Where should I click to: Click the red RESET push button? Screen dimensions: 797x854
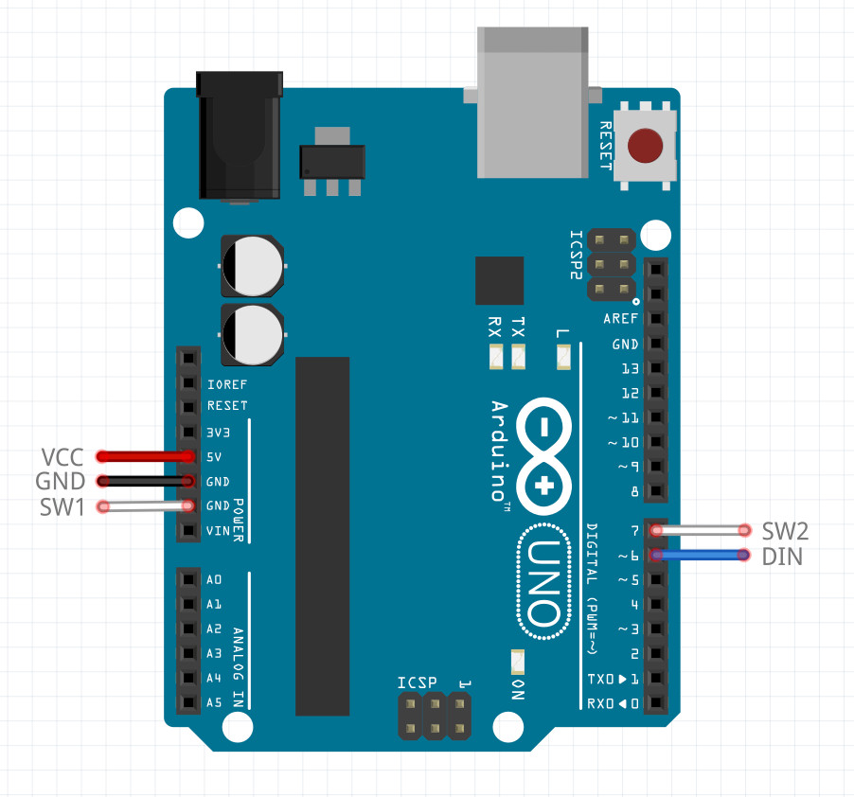pos(646,146)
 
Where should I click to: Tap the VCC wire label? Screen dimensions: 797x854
pos(63,456)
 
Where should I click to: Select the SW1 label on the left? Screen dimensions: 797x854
pos(62,506)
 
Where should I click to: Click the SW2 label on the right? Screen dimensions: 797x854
pos(784,530)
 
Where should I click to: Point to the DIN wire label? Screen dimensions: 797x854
pos(782,556)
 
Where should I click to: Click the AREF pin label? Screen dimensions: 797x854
pos(621,319)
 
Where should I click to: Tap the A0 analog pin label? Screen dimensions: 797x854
pos(214,579)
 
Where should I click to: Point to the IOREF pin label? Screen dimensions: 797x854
pos(227,384)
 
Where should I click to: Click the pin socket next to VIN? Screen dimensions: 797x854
pos(189,531)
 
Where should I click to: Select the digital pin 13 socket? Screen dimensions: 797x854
pos(655,368)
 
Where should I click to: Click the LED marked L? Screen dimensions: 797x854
pos(563,358)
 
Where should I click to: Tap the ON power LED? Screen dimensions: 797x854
pos(517,661)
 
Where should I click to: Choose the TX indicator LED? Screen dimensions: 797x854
pos(517,358)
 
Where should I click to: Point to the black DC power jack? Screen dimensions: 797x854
pos(239,137)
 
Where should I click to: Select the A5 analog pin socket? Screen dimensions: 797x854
pos(189,703)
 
